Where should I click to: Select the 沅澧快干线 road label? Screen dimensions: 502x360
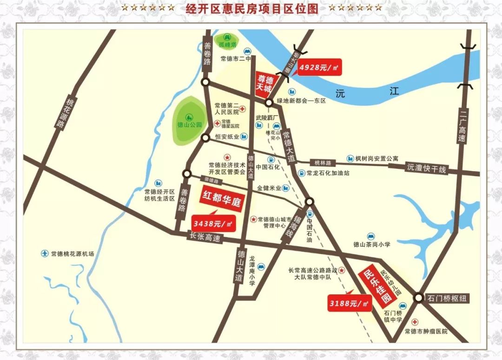point(426,169)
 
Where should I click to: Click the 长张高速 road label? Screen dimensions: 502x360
point(205,237)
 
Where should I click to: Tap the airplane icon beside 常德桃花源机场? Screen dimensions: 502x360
point(45,253)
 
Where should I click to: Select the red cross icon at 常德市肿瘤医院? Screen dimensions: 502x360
point(415,322)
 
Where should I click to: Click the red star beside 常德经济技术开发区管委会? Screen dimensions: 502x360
point(227,158)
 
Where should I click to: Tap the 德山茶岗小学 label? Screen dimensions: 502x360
point(371,244)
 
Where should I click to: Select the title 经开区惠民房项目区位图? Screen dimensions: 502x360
point(251,8)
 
